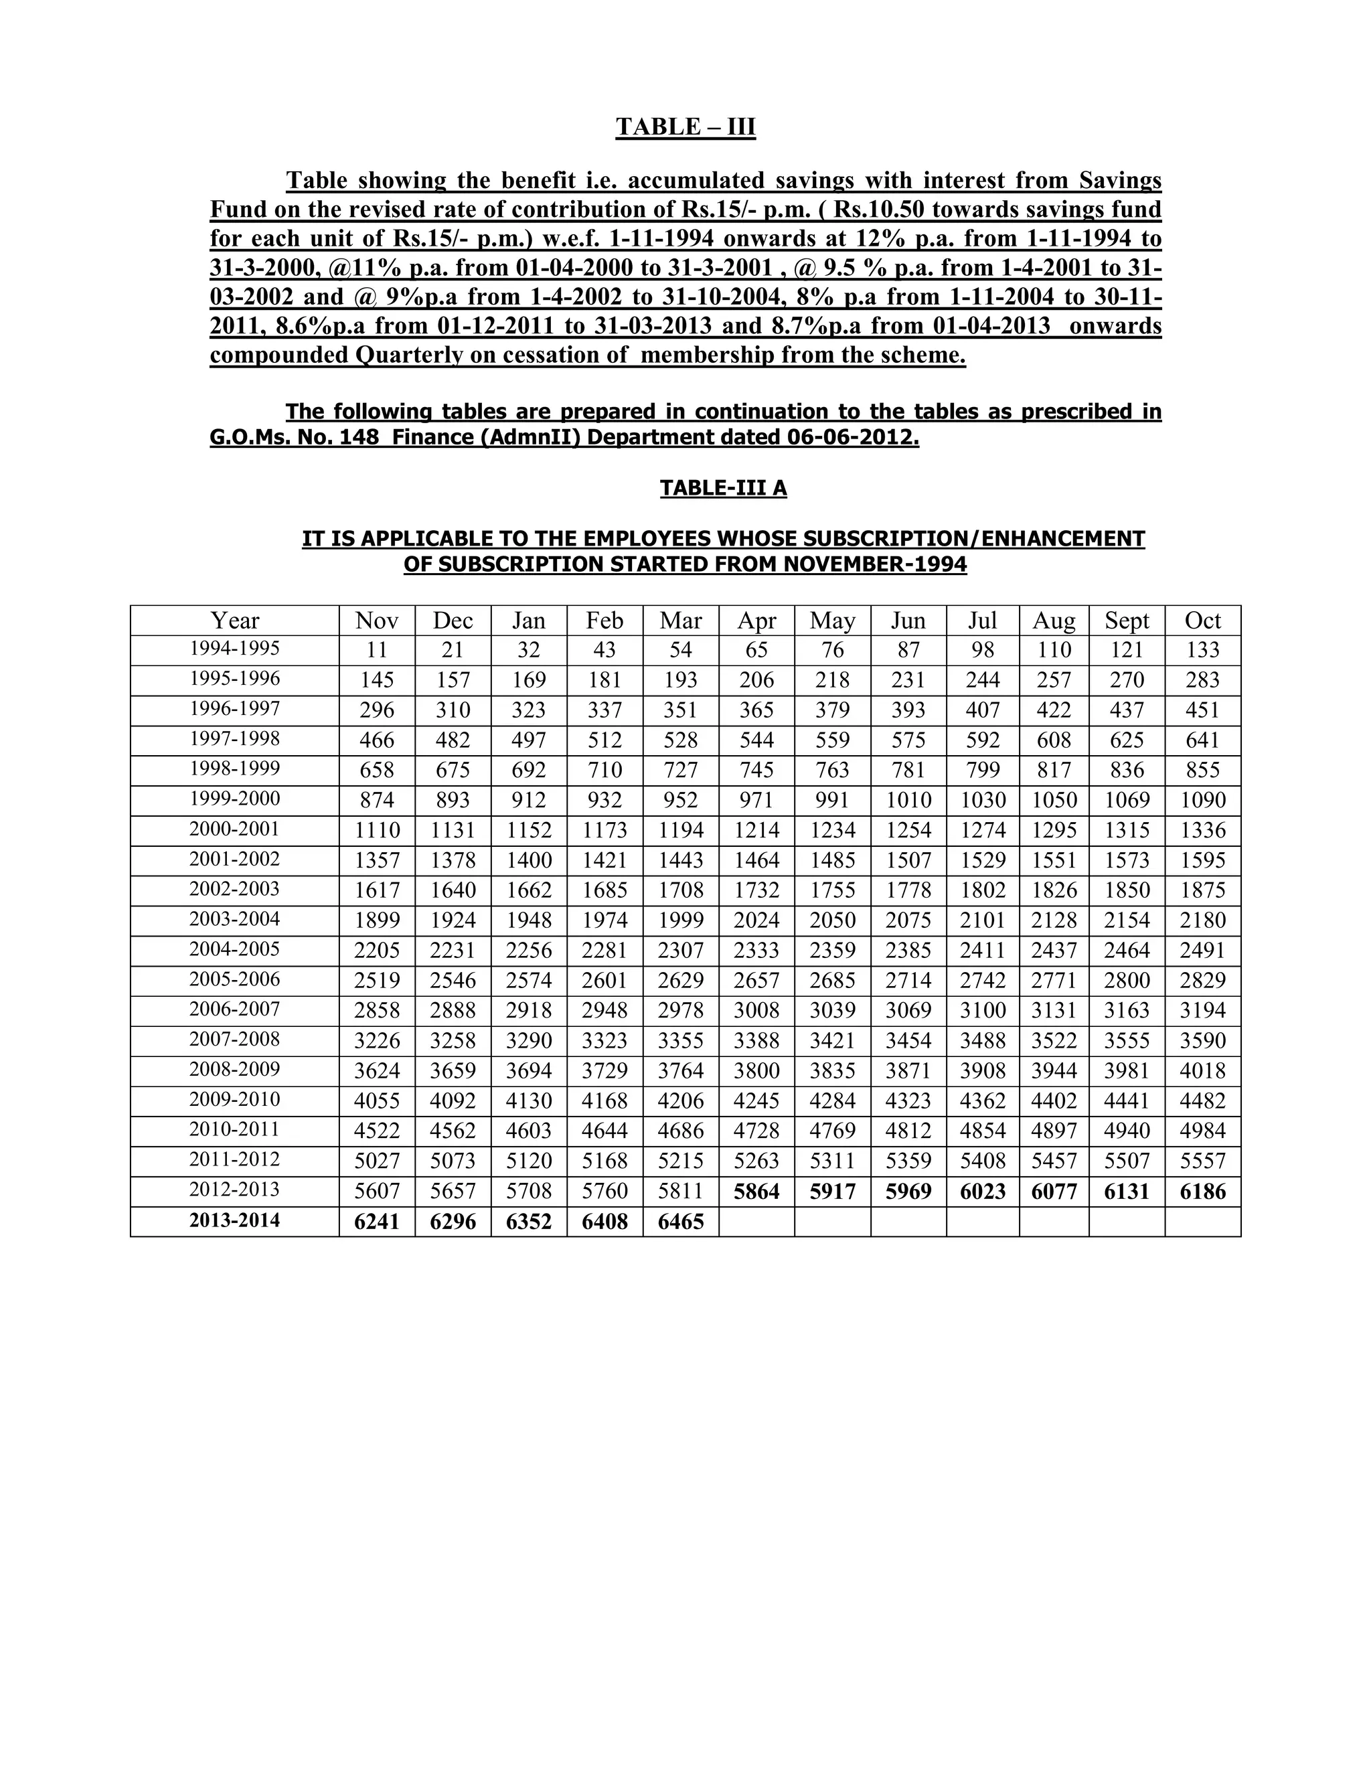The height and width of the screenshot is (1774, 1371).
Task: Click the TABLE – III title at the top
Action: point(685,127)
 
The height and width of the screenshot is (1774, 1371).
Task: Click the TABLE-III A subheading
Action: point(723,487)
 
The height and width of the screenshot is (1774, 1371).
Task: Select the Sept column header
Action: point(1127,621)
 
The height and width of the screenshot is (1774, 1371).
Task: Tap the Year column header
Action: point(235,621)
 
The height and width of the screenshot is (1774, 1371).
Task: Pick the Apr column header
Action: point(756,621)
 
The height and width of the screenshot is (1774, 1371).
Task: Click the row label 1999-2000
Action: point(235,799)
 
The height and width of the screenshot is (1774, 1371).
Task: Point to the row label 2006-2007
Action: point(235,1009)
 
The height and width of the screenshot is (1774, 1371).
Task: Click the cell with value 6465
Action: point(681,1222)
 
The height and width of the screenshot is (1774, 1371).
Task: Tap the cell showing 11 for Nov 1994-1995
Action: point(377,650)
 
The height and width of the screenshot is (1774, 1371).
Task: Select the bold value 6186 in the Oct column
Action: point(1202,1192)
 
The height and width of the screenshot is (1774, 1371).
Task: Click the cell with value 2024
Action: point(756,920)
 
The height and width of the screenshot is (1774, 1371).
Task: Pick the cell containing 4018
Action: point(1202,1070)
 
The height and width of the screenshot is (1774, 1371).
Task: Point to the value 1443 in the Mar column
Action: point(681,860)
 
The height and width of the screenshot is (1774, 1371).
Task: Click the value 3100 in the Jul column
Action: point(983,1010)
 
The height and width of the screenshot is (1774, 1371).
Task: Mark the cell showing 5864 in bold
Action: point(756,1192)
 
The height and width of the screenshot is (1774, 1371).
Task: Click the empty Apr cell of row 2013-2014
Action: point(756,1222)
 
